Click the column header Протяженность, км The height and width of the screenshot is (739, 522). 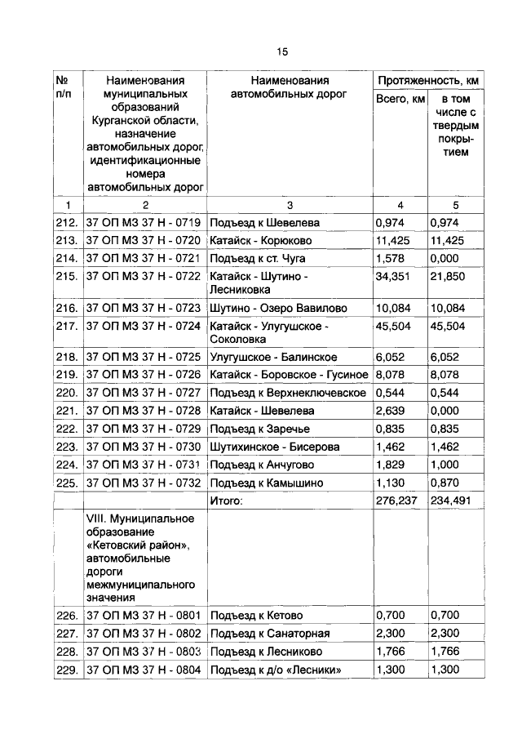(x=427, y=81)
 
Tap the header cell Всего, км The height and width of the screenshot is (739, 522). (x=400, y=99)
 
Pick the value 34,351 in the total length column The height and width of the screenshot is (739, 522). (x=392, y=276)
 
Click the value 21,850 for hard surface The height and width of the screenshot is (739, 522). (x=446, y=276)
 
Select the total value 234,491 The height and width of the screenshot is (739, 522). (x=451, y=501)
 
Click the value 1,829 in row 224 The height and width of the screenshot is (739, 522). (x=390, y=465)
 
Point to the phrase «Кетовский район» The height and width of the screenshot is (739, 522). (x=138, y=545)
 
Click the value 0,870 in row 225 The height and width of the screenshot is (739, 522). (x=444, y=483)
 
